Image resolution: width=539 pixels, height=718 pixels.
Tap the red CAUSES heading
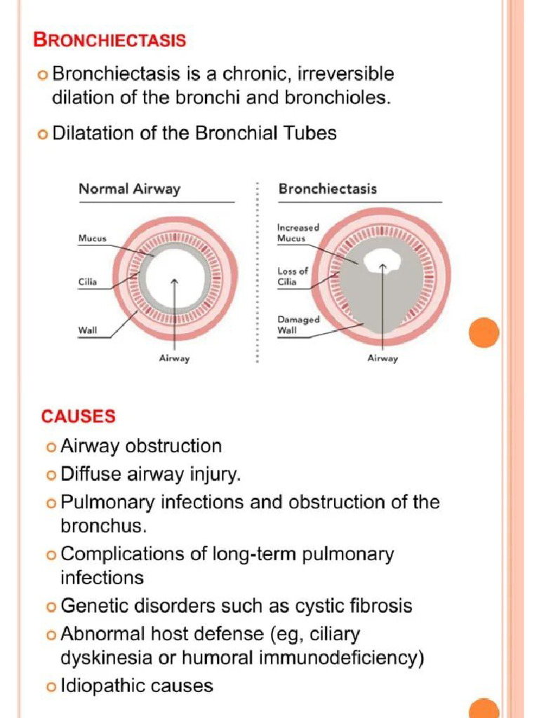click(78, 416)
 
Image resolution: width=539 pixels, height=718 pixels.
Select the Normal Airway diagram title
click(129, 189)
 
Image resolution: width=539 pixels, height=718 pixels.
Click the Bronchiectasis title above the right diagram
click(327, 189)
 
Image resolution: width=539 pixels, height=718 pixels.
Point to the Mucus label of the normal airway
click(92, 238)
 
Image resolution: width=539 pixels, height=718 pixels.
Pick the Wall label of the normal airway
click(87, 330)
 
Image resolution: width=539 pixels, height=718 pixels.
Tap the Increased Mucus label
click(298, 233)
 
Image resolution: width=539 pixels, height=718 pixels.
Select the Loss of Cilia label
click(293, 276)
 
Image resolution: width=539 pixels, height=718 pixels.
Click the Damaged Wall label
click(298, 324)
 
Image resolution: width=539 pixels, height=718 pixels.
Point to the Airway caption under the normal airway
click(175, 358)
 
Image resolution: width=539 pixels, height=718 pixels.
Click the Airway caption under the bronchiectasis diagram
click(382, 358)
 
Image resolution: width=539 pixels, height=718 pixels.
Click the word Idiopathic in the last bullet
click(102, 685)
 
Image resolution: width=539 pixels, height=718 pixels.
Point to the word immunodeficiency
click(334, 659)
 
